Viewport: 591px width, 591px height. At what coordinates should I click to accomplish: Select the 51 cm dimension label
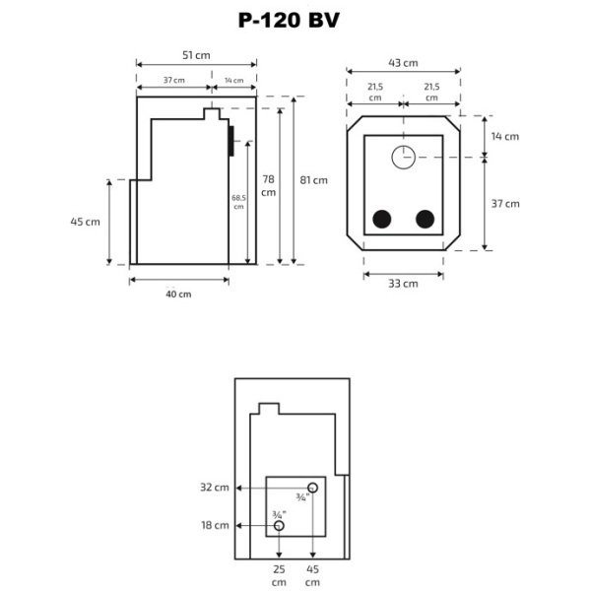tap(196, 56)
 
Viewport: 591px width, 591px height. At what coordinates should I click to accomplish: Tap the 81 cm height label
tap(314, 180)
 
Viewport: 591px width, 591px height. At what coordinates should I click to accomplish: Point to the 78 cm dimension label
tap(268, 185)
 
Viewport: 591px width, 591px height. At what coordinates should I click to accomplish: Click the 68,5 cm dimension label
tap(238, 202)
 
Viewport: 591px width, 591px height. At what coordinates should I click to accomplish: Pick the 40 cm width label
tap(178, 294)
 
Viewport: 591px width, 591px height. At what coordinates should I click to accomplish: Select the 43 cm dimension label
tap(402, 62)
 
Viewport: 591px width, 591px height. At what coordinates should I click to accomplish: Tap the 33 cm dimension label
tap(402, 284)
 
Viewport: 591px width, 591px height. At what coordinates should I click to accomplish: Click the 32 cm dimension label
tap(215, 488)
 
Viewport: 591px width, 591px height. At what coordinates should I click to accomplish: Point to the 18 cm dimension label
tap(215, 526)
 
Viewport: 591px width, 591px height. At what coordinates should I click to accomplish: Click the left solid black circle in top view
tap(381, 219)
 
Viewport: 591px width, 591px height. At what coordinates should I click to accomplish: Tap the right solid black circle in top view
tap(426, 219)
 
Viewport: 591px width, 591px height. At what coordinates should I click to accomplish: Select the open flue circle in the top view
tap(403, 157)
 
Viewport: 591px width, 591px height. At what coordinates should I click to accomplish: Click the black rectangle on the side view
tap(230, 141)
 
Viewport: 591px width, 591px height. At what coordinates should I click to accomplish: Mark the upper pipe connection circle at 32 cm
tap(312, 488)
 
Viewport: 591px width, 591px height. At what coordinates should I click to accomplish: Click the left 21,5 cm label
tap(374, 93)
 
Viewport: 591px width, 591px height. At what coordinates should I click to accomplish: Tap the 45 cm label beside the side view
tap(86, 222)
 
